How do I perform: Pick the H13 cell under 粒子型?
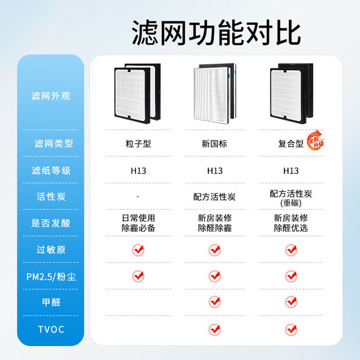136,170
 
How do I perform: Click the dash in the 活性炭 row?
136,197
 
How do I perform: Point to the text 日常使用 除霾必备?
136,222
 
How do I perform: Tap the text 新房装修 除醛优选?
291,222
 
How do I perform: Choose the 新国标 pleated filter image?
214,95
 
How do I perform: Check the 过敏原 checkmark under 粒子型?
137,249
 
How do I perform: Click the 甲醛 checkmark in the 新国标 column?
214,302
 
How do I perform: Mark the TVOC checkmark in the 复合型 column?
291,328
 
